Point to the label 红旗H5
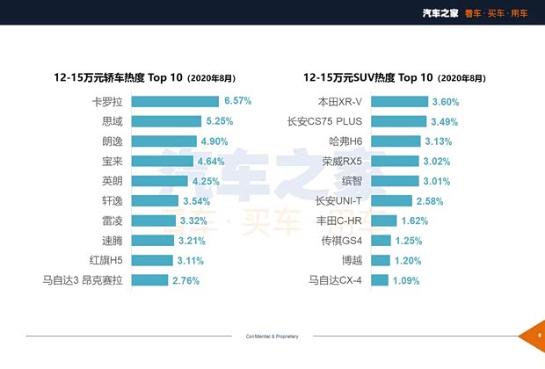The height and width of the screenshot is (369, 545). pyautogui.click(x=105, y=261)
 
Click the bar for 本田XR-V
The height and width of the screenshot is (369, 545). pyautogui.click(x=396, y=102)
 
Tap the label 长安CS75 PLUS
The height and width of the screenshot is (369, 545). pyautogui.click(x=325, y=122)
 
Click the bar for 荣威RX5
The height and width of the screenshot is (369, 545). pyautogui.click(x=392, y=162)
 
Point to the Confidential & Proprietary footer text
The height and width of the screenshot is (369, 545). pyautogui.click(x=272, y=336)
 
